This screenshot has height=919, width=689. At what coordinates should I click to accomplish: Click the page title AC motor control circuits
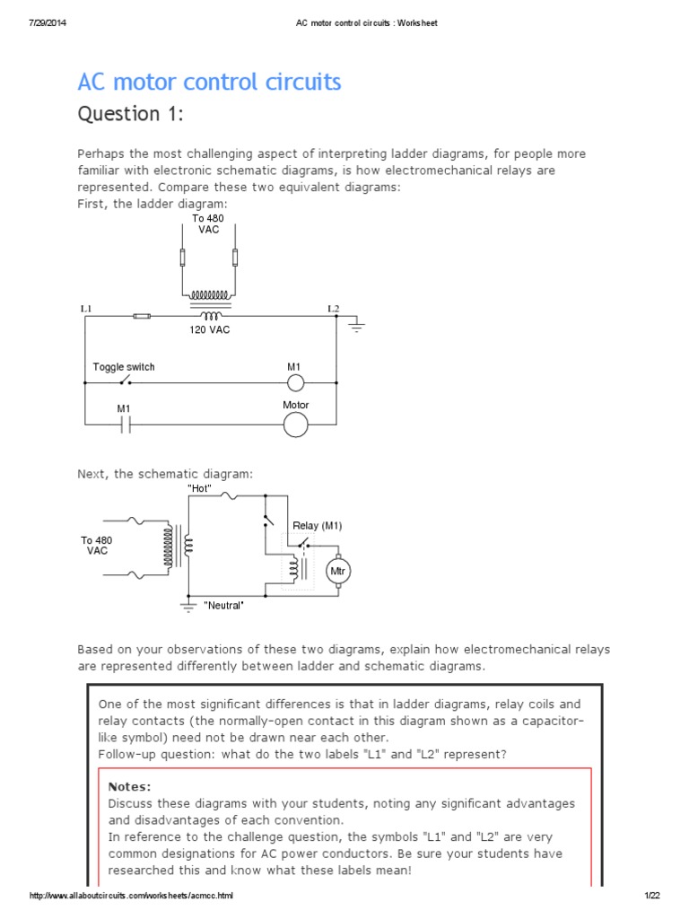(x=209, y=83)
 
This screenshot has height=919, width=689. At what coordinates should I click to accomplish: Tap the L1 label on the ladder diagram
(x=86, y=309)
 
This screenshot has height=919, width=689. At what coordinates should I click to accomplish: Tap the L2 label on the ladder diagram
(x=333, y=309)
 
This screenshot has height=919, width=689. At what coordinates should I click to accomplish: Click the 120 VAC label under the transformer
(x=209, y=330)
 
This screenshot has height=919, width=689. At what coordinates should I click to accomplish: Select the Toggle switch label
(x=124, y=367)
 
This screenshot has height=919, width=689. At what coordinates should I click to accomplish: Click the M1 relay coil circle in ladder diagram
(x=295, y=384)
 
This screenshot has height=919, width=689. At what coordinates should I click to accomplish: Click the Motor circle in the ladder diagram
(x=295, y=424)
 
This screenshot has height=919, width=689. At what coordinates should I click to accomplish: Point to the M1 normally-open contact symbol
(x=126, y=424)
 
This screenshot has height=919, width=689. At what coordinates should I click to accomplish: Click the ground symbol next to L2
(x=357, y=327)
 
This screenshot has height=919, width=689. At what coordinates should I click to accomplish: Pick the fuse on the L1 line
(x=141, y=316)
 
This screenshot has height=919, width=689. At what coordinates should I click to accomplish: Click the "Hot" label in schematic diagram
(x=199, y=487)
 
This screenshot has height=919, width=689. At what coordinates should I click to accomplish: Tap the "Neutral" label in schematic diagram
(x=223, y=606)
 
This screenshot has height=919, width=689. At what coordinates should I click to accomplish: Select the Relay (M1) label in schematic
(x=317, y=525)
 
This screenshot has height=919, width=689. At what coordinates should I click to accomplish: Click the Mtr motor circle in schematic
(x=338, y=571)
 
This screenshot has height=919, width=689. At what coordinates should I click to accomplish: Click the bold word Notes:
(x=129, y=786)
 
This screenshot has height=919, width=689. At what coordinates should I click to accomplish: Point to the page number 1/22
(x=651, y=897)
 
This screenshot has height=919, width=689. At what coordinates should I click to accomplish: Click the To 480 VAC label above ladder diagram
(x=209, y=223)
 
